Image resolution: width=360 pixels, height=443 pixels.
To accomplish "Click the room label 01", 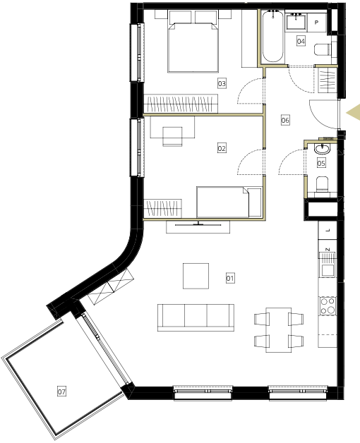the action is (x=230, y=279).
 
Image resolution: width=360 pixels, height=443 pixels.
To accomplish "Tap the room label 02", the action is (x=222, y=148).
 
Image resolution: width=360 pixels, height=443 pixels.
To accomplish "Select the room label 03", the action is (x=222, y=83).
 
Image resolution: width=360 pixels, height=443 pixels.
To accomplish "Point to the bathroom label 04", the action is (x=301, y=41).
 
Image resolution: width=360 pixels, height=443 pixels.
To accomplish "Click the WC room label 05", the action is (x=321, y=163).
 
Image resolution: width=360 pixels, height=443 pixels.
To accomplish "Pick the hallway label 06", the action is (x=285, y=120).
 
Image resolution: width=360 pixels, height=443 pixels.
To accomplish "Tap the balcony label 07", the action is (x=61, y=392).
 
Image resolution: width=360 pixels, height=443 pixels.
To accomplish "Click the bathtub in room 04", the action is (x=272, y=36).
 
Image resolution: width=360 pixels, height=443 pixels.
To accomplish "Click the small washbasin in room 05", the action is (x=322, y=149).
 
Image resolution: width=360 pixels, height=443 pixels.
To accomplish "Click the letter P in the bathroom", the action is (x=317, y=23).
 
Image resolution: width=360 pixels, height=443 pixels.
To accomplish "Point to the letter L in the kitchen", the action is (x=328, y=231).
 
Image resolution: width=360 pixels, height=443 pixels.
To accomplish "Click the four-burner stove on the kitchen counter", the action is (x=328, y=306).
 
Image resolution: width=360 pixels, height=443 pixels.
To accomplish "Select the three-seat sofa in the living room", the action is (x=196, y=317).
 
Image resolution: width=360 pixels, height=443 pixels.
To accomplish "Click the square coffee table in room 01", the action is (x=196, y=276).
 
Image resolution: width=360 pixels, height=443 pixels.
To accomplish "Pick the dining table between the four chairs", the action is (x=279, y=330).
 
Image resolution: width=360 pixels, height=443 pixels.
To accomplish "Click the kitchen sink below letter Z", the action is (x=327, y=271).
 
